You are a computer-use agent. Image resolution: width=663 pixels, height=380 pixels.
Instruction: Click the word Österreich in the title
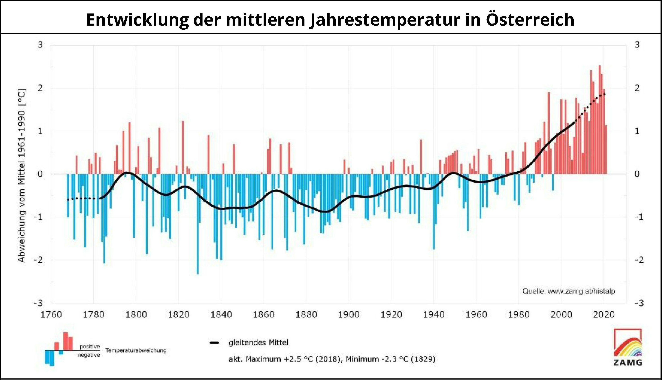click(530, 20)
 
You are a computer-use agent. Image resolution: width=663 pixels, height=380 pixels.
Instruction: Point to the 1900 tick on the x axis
click(349, 314)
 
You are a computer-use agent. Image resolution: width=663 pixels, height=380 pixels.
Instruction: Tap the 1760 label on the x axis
click(51, 314)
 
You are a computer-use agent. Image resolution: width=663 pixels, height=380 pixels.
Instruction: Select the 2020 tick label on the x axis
click(604, 314)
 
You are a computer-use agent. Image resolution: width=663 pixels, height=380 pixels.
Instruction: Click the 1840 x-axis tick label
click(221, 314)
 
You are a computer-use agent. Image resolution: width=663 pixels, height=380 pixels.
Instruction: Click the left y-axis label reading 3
click(40, 45)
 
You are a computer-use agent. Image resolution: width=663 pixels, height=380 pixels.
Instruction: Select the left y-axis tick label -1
click(38, 217)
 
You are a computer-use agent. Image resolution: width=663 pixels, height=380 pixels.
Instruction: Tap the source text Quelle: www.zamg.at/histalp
click(569, 291)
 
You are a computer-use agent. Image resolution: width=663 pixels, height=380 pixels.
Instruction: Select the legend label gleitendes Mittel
click(258, 342)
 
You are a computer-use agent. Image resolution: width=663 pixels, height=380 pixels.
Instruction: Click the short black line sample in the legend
click(214, 343)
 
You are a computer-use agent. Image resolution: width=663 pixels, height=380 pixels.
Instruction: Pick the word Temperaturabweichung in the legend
click(136, 351)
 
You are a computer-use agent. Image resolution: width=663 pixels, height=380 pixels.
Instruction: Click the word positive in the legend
click(90, 347)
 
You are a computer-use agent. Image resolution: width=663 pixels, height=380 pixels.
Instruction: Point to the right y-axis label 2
click(637, 88)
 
